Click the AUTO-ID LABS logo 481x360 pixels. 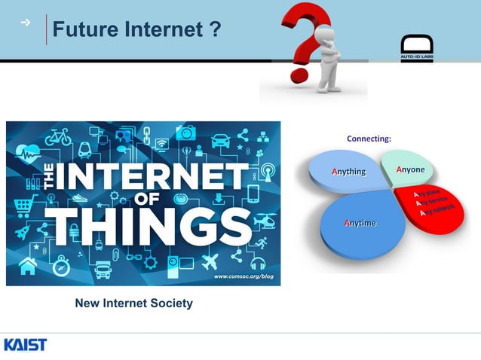click(416, 47)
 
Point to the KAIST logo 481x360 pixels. click(25, 345)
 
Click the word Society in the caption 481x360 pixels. click(170, 304)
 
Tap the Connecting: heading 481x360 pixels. click(369, 139)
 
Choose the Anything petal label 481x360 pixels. click(349, 172)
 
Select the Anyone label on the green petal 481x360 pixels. click(410, 169)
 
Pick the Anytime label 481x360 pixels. click(360, 223)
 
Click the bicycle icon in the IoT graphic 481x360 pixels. click(59, 137)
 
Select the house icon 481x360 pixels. click(28, 265)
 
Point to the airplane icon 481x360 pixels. click(209, 261)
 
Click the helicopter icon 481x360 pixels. click(265, 221)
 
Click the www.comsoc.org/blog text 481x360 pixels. click(243, 276)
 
